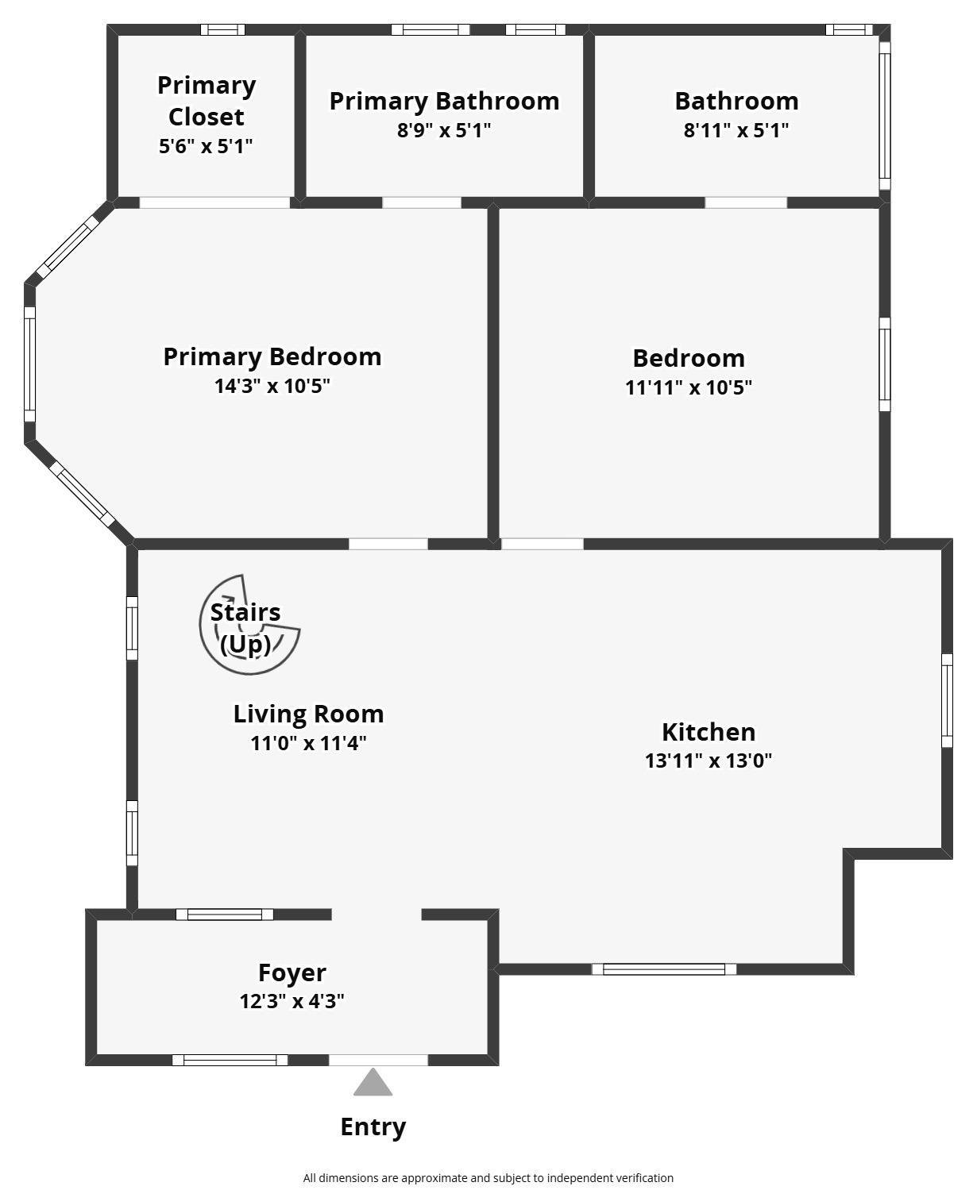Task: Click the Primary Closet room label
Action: (207, 101)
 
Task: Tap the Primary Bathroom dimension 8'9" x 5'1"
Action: (444, 130)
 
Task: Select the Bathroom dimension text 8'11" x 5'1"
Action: (736, 130)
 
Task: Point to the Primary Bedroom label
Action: (272, 356)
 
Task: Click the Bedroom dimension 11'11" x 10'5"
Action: (689, 387)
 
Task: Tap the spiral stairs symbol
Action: (249, 624)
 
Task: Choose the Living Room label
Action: (308, 714)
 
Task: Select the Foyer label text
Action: (292, 972)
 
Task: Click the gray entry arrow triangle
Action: (373, 1082)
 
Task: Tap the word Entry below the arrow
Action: (373, 1127)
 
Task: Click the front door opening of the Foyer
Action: (378, 1061)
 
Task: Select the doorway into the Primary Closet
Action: (214, 202)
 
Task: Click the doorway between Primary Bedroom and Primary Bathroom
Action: (422, 202)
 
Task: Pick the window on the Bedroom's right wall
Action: (885, 364)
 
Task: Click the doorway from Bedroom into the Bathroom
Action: (745, 202)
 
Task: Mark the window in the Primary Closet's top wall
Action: (222, 29)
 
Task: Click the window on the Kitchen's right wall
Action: (947, 701)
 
